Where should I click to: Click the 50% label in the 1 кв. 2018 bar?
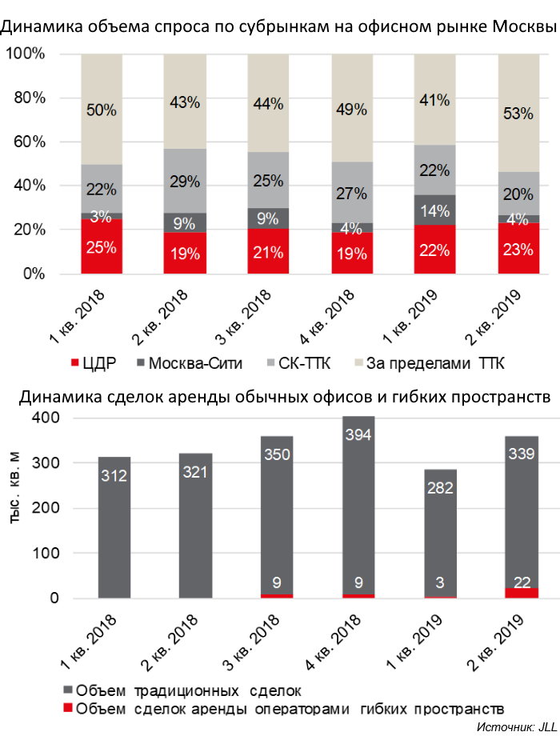(x=102, y=110)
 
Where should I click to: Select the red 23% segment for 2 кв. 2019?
(x=516, y=249)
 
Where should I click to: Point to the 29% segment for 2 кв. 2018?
(x=184, y=182)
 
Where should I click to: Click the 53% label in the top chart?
(x=516, y=114)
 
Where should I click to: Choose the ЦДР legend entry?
(x=94, y=364)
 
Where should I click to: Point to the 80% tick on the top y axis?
(x=28, y=98)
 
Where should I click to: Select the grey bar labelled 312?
(x=114, y=528)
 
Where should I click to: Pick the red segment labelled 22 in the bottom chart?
(x=516, y=593)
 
